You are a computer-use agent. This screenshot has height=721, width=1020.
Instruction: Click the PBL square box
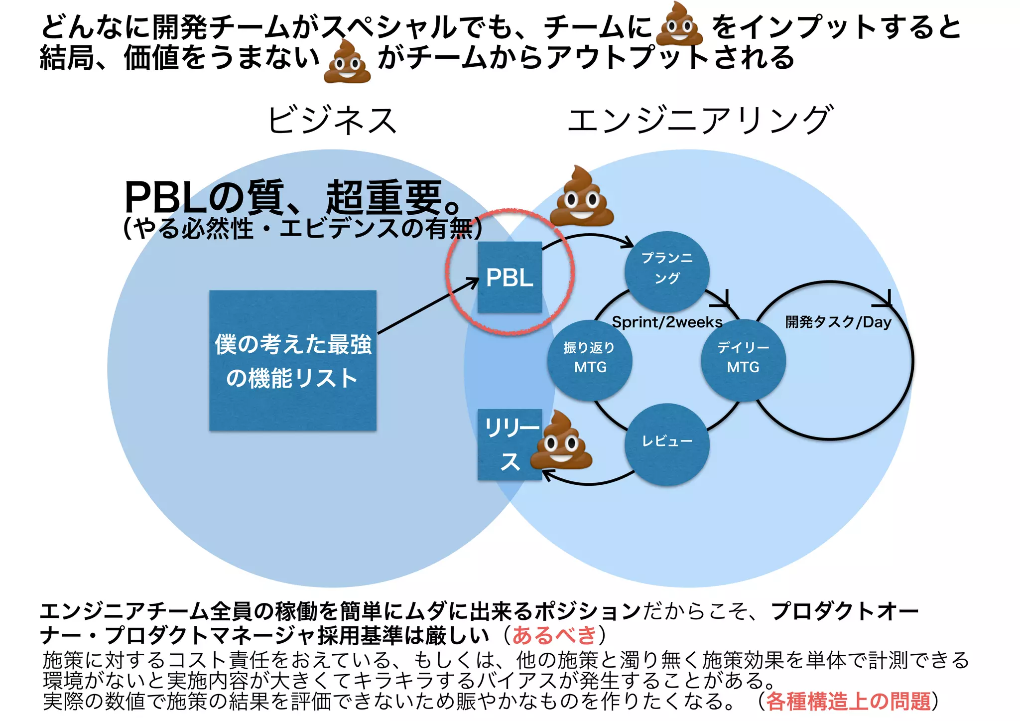click(510, 277)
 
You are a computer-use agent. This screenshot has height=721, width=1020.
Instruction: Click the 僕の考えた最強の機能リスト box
click(293, 360)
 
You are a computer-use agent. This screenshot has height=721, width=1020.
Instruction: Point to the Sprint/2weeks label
click(667, 322)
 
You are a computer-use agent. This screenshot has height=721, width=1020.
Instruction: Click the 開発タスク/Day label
click(838, 322)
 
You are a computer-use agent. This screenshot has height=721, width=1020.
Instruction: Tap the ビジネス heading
click(332, 121)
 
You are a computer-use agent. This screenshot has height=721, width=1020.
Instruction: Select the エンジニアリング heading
click(700, 121)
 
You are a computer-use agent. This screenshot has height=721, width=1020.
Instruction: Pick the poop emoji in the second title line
click(347, 62)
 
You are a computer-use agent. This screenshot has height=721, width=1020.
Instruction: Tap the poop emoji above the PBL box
click(581, 197)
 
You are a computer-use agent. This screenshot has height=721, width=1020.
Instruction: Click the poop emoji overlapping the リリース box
click(561, 440)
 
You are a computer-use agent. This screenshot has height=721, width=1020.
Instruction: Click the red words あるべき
click(554, 635)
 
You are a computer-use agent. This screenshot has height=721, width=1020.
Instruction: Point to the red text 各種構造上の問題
click(848, 701)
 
